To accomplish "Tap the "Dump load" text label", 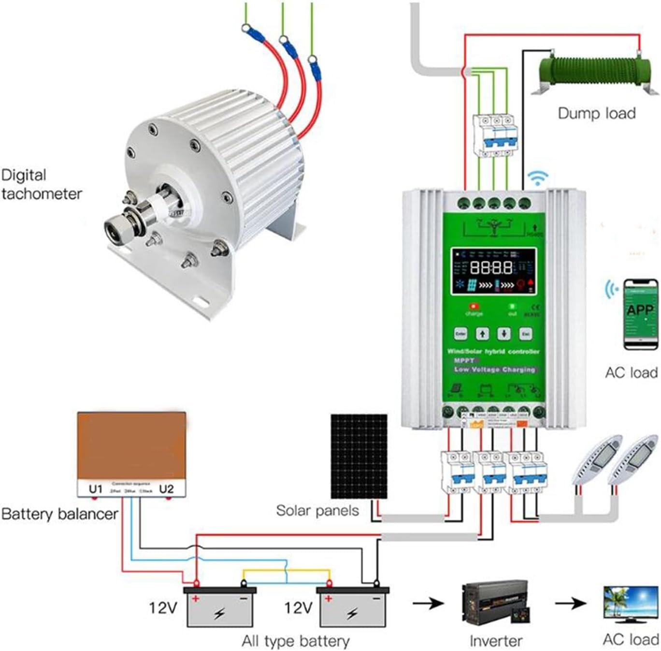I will click(x=596, y=113).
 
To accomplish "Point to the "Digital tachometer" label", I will click(x=41, y=184).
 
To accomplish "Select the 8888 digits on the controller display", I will click(x=491, y=267).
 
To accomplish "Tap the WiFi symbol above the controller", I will click(x=538, y=178).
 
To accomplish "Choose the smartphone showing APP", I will click(x=640, y=313).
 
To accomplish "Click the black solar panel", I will click(x=359, y=456).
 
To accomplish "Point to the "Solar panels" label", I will click(x=317, y=511).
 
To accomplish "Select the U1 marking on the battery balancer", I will click(x=96, y=489).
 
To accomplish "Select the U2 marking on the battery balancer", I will click(x=166, y=489).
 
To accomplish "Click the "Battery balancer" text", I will click(x=59, y=514).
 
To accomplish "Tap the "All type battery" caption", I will click(x=295, y=641).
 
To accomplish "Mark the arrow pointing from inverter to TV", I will click(x=571, y=603).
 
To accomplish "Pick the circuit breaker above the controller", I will click(x=495, y=135).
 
